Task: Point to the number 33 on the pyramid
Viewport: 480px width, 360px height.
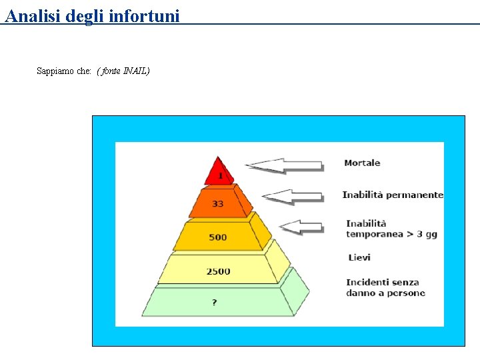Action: (x=218, y=203)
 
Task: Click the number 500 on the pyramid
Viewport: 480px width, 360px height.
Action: (x=218, y=237)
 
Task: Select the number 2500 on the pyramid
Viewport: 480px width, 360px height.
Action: (x=218, y=271)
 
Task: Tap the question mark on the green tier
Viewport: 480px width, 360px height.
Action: (x=214, y=302)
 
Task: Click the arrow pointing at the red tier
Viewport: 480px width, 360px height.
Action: (x=285, y=165)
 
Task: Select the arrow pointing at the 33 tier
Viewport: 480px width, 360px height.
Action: (x=293, y=196)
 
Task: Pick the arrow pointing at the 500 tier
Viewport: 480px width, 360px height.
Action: (x=301, y=227)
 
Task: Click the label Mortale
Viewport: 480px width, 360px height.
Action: (x=362, y=163)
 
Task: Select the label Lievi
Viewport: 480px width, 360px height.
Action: (x=359, y=257)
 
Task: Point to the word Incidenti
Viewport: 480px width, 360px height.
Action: (x=369, y=283)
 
